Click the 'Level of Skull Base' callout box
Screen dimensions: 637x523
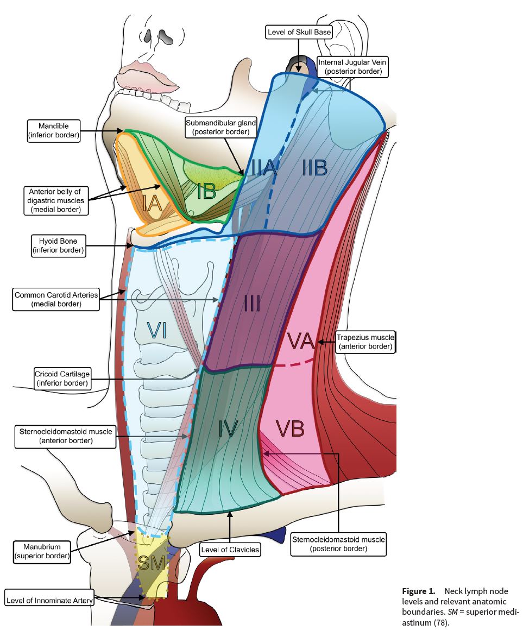[299, 32]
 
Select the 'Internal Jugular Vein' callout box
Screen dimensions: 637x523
[352, 66]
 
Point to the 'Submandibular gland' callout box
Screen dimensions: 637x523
[221, 127]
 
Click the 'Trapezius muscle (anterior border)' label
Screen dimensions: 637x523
[365, 342]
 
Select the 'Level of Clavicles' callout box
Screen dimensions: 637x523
[230, 550]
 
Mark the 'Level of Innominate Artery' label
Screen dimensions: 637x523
[50, 601]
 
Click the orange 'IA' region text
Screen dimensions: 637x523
[154, 204]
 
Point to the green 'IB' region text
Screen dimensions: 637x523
[207, 191]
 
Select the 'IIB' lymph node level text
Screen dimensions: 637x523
[315, 168]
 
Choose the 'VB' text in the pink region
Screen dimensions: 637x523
[290, 429]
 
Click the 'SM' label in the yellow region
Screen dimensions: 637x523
[152, 564]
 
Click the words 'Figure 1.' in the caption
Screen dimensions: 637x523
[419, 591]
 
